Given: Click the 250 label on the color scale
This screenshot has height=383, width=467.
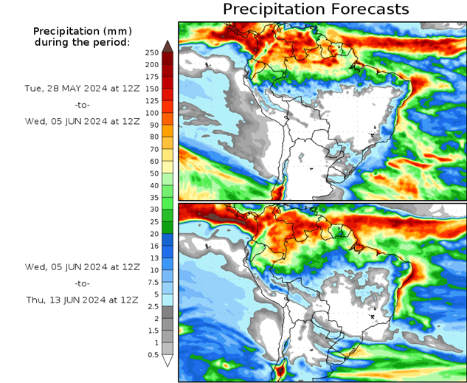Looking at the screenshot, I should [x=152, y=52].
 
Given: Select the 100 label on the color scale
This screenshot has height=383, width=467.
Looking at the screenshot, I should [x=152, y=113].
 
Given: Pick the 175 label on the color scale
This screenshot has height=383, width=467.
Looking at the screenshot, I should [x=152, y=77].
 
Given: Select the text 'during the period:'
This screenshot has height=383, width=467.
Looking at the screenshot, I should [x=82, y=42].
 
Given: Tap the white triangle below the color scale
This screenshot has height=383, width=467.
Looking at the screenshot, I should [x=167, y=361].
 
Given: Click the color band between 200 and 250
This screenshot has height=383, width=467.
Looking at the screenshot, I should [x=167, y=58].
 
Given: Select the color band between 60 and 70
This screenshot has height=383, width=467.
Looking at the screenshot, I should [x=167, y=155].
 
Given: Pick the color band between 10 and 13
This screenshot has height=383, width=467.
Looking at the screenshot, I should [x=167, y=263].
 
